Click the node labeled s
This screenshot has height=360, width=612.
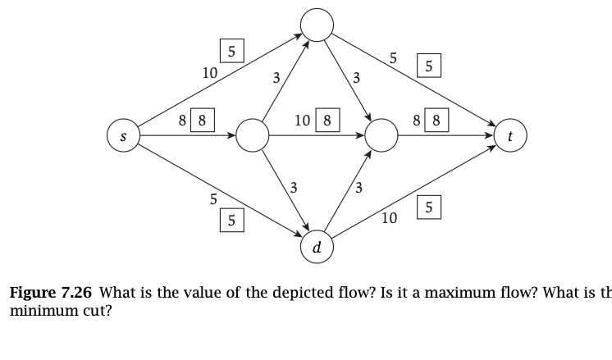pyautogui.click(x=123, y=136)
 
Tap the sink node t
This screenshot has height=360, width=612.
pyautogui.click(x=510, y=137)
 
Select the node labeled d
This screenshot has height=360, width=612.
pyautogui.click(x=317, y=246)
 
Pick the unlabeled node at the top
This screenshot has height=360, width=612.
pyautogui.click(x=317, y=25)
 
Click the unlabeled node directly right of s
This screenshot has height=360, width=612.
pyautogui.click(x=252, y=136)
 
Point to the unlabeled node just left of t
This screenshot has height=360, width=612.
pyautogui.click(x=381, y=136)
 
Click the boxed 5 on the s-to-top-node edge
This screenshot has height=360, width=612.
pyautogui.click(x=231, y=51)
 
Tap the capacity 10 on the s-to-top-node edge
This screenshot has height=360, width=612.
pyautogui.click(x=209, y=72)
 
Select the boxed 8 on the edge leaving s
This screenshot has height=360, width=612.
pyautogui.click(x=202, y=121)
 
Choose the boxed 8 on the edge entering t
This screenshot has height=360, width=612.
pyautogui.click(x=436, y=121)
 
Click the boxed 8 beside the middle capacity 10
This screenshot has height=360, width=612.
pyautogui.click(x=327, y=121)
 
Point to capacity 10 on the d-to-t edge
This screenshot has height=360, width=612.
pyautogui.click(x=390, y=218)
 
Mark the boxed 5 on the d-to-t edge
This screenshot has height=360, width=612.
pyautogui.click(x=428, y=208)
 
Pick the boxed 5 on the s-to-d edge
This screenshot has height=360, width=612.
pyautogui.click(x=231, y=220)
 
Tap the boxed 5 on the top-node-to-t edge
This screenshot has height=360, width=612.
pyautogui.click(x=428, y=66)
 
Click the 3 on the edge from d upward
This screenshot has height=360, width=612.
pyautogui.click(x=358, y=189)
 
